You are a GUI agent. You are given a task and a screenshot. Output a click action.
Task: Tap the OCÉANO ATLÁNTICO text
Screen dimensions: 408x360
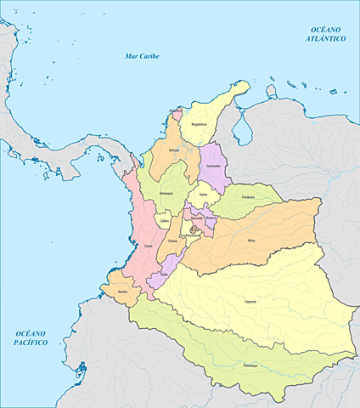(x=326, y=34)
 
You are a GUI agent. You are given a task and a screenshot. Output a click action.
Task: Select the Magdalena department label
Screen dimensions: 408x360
(x=199, y=122)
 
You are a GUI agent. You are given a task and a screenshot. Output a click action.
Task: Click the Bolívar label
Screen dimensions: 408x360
(x=173, y=150)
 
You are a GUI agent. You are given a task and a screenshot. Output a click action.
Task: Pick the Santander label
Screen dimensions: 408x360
(x=213, y=165)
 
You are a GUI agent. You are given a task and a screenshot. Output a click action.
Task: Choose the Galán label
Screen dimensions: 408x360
(x=203, y=194)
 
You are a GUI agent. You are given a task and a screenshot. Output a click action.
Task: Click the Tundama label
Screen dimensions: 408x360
(x=248, y=196)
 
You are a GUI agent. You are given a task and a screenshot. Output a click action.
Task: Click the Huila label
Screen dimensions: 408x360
(x=163, y=275)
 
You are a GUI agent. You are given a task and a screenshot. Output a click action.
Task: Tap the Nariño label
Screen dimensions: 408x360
(x=122, y=292)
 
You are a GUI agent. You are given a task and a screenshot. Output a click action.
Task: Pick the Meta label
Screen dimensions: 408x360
(x=250, y=241)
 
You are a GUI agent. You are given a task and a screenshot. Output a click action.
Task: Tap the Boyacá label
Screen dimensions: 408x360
(x=211, y=217)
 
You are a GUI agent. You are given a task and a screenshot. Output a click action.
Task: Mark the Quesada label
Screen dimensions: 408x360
(x=196, y=218)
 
